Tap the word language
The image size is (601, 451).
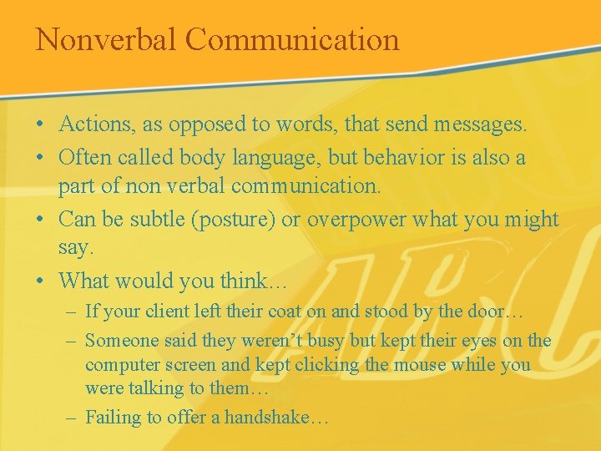277,158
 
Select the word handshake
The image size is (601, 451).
265,418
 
